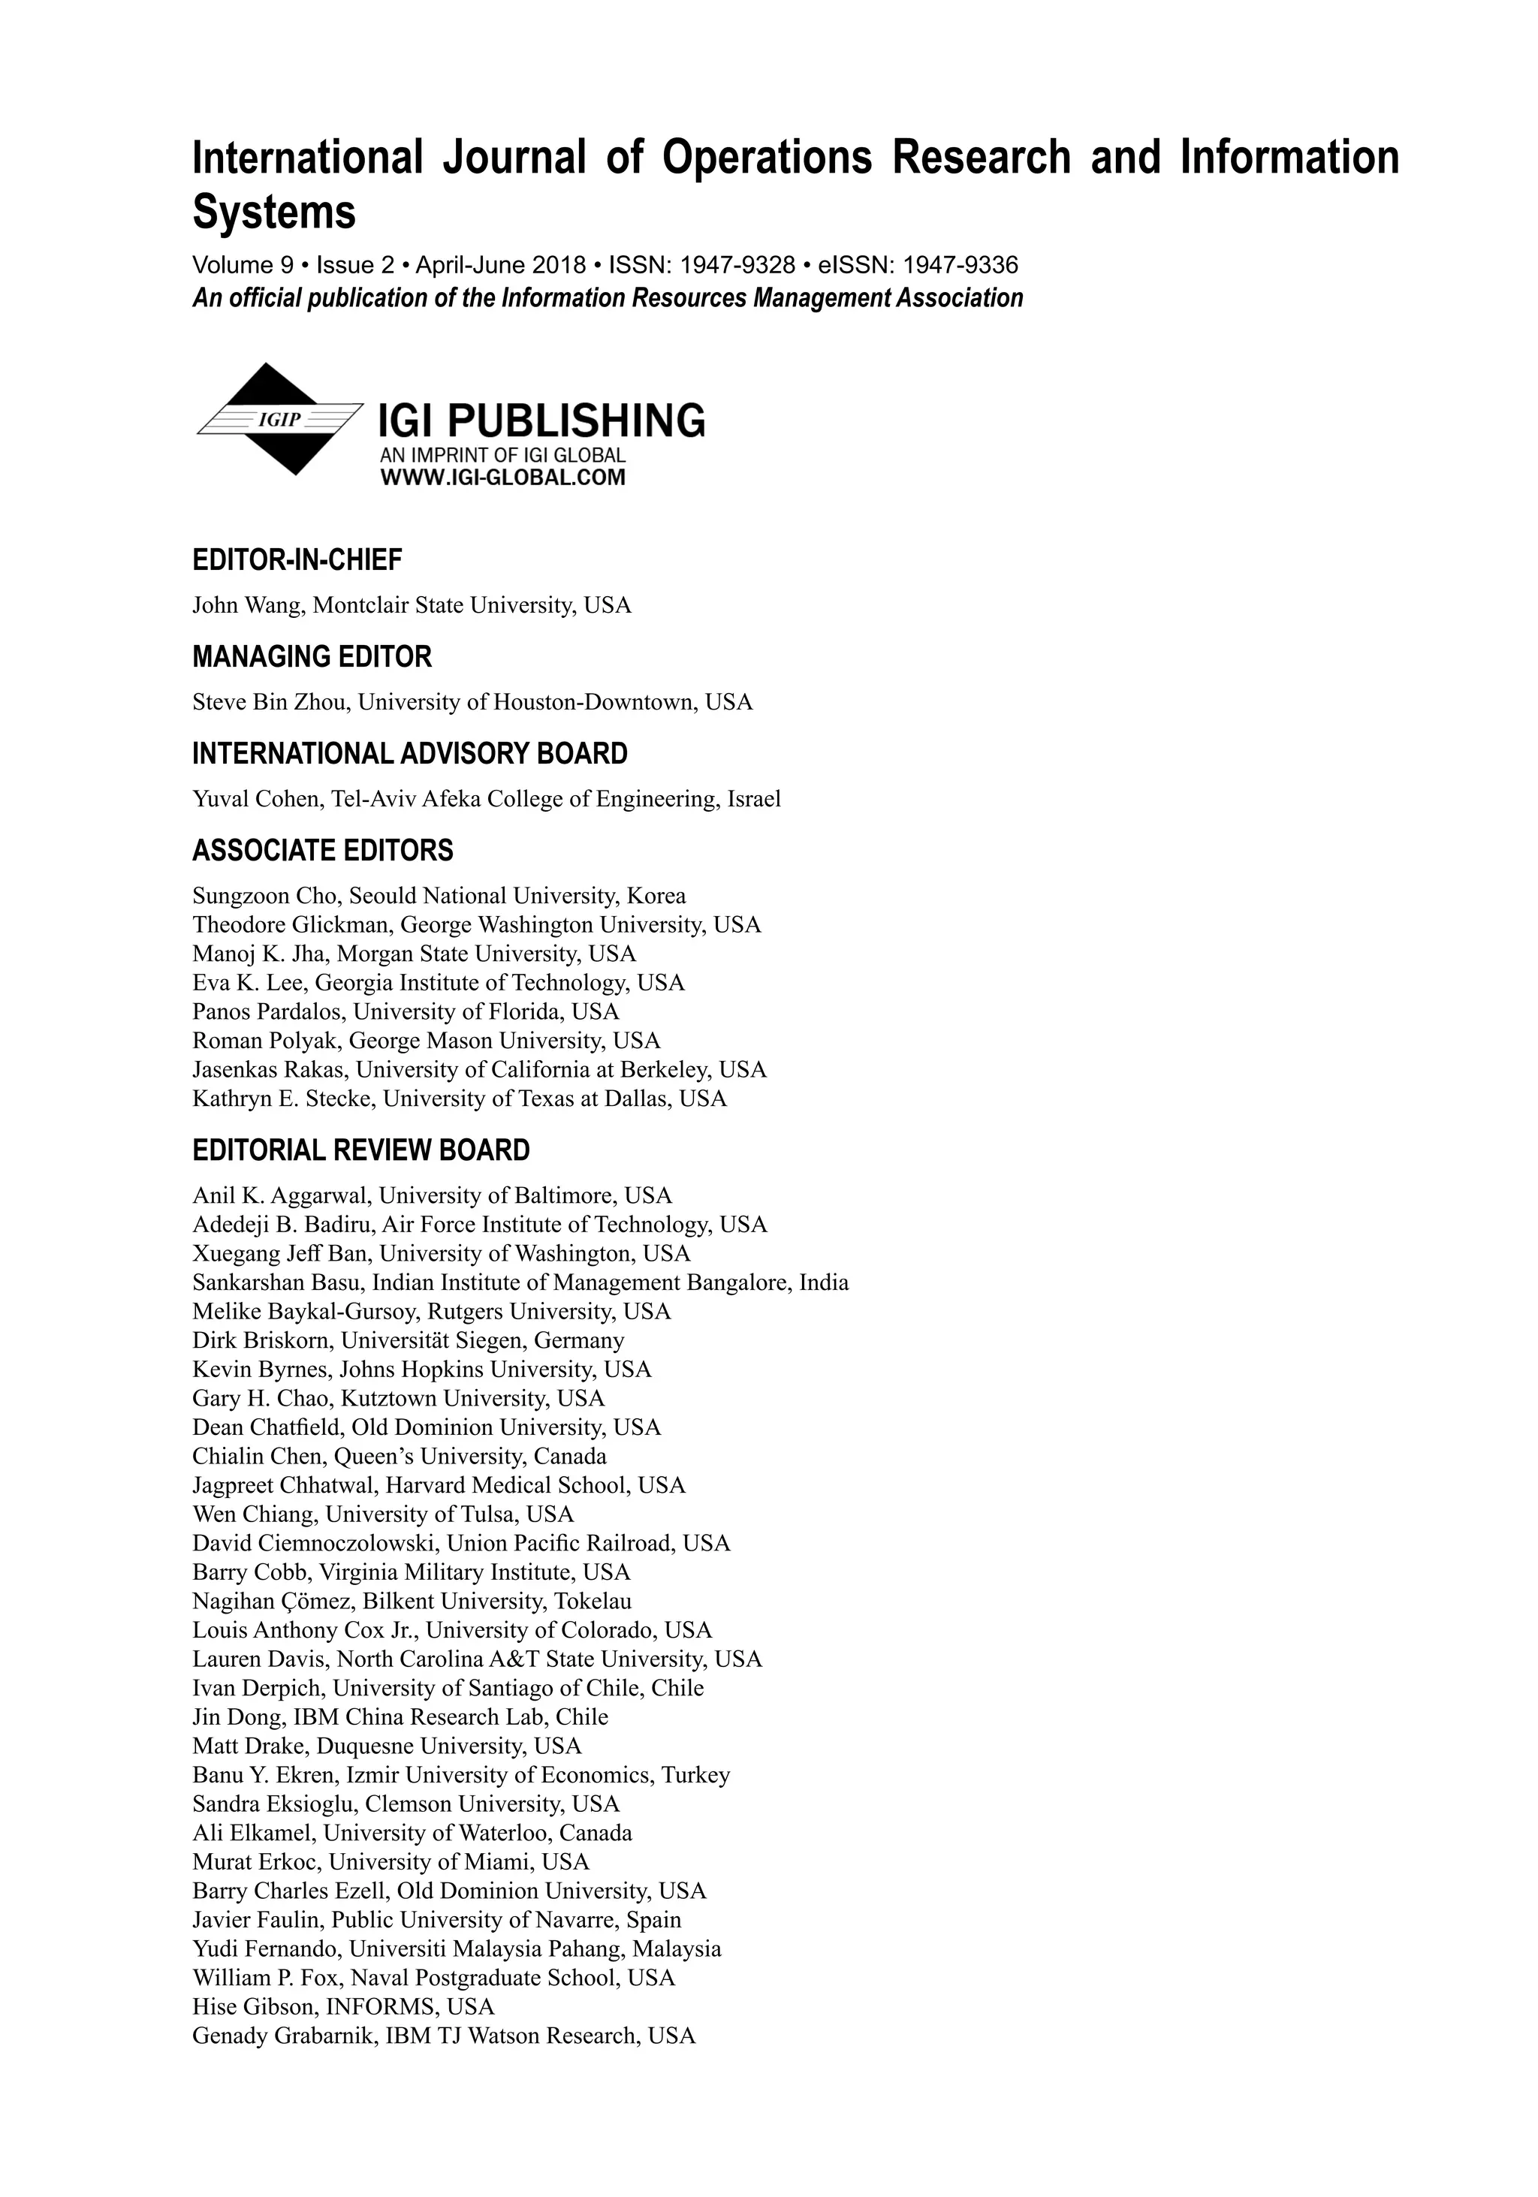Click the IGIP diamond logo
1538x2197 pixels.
(x=279, y=419)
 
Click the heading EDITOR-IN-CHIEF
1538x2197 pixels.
(x=297, y=560)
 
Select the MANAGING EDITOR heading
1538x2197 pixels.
(x=312, y=658)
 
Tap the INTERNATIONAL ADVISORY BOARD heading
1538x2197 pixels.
(x=409, y=754)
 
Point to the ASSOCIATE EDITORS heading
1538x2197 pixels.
(x=322, y=851)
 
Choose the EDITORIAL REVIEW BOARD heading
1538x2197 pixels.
(x=360, y=1150)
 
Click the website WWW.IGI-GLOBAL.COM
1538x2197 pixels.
(x=502, y=478)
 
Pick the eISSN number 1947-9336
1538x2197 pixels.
(x=961, y=265)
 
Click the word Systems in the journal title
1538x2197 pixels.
(x=273, y=212)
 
